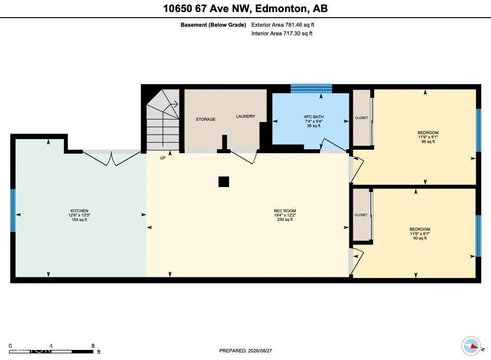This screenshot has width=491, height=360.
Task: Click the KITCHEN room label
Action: (79, 211)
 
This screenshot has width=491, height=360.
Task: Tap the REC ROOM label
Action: (285, 211)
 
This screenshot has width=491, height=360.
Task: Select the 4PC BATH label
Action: (313, 116)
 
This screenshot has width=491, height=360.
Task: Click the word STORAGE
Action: (205, 119)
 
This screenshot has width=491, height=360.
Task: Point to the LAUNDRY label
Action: (245, 116)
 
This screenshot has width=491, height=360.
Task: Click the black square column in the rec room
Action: (224, 182)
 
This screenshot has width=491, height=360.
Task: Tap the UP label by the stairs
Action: (162, 158)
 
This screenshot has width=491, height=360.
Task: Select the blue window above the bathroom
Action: (311, 89)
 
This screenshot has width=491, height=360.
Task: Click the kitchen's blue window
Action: (13, 210)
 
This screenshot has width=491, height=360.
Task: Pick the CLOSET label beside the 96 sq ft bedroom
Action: (361, 117)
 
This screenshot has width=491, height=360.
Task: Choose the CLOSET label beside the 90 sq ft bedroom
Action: (361, 215)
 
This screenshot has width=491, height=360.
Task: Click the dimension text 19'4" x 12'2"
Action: (285, 215)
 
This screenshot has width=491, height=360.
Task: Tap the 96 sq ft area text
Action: (428, 142)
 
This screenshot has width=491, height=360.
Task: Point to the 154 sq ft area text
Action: (79, 220)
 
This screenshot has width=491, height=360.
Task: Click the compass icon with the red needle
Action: (471, 346)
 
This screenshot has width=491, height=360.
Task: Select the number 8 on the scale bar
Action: (93, 346)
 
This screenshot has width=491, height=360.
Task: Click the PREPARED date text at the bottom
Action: (245, 350)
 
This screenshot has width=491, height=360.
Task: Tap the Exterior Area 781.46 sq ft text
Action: (283, 25)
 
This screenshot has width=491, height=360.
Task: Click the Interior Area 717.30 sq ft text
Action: (282, 33)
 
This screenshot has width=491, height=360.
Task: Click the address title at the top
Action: (245, 9)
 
